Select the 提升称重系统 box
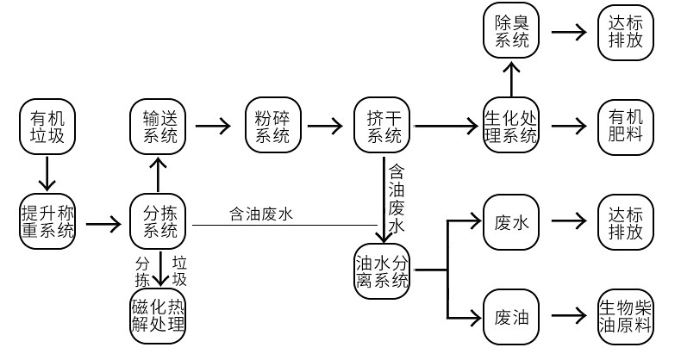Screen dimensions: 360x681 [x=47, y=221]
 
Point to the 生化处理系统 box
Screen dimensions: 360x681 [x=511, y=126]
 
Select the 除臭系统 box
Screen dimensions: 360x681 [x=511, y=32]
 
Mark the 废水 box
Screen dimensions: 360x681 [x=511, y=221]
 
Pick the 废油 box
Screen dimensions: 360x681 [x=511, y=316]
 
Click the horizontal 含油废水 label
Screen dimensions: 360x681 [x=261, y=214]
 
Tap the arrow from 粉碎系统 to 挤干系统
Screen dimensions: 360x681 [x=324, y=126]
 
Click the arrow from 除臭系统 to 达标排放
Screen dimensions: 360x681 [x=568, y=33]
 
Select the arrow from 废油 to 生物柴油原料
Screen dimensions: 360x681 [x=568, y=316]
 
